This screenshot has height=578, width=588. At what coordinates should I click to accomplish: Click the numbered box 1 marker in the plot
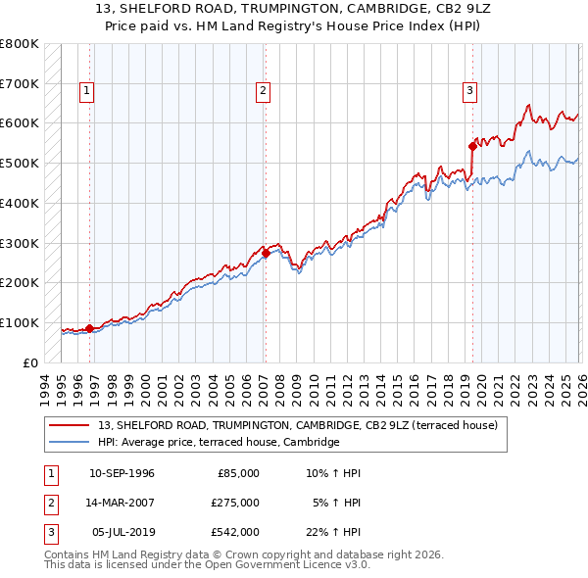pos(87,91)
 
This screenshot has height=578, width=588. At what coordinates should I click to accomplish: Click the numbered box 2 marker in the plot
pos(264,91)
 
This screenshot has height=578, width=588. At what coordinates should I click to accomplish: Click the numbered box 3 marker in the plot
pos(470,91)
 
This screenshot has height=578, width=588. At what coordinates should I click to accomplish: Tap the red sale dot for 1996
pos(89,329)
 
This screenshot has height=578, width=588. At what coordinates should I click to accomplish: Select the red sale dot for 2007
pos(266,253)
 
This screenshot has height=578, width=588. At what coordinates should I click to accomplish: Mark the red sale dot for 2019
pos(472,146)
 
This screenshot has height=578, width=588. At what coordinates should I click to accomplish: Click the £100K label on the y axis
pos(20,322)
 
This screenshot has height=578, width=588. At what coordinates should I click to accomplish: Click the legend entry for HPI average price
pos(218,442)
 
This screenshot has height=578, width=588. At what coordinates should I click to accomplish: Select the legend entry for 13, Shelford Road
pos(298,425)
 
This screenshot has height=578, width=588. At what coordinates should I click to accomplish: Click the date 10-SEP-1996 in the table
pos(122,473)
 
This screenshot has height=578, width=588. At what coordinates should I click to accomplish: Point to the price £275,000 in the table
pos(236,503)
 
